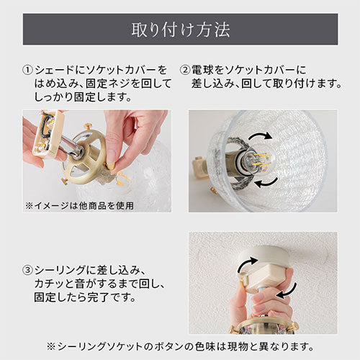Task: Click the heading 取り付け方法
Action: point(181,30)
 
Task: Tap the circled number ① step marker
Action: point(27,71)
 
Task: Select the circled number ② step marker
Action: point(184,71)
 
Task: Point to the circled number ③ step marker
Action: point(27,270)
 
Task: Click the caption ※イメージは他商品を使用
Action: point(79,206)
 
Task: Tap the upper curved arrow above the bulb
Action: point(261,135)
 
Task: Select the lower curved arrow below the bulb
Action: point(266,183)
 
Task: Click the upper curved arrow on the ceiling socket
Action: point(247,264)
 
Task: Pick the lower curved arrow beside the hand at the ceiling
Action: point(287,291)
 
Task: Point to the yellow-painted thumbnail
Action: point(110,165)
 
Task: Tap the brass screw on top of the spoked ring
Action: point(89,126)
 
